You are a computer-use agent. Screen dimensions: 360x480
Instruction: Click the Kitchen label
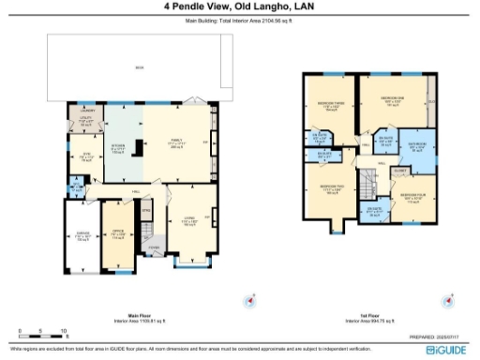tap(120, 147)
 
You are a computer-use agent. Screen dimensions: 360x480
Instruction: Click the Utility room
tap(83, 121)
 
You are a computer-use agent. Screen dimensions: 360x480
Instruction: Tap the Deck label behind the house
tap(139, 67)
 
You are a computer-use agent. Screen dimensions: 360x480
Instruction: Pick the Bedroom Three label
tap(329, 106)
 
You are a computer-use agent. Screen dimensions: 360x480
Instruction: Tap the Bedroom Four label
tap(412, 198)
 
